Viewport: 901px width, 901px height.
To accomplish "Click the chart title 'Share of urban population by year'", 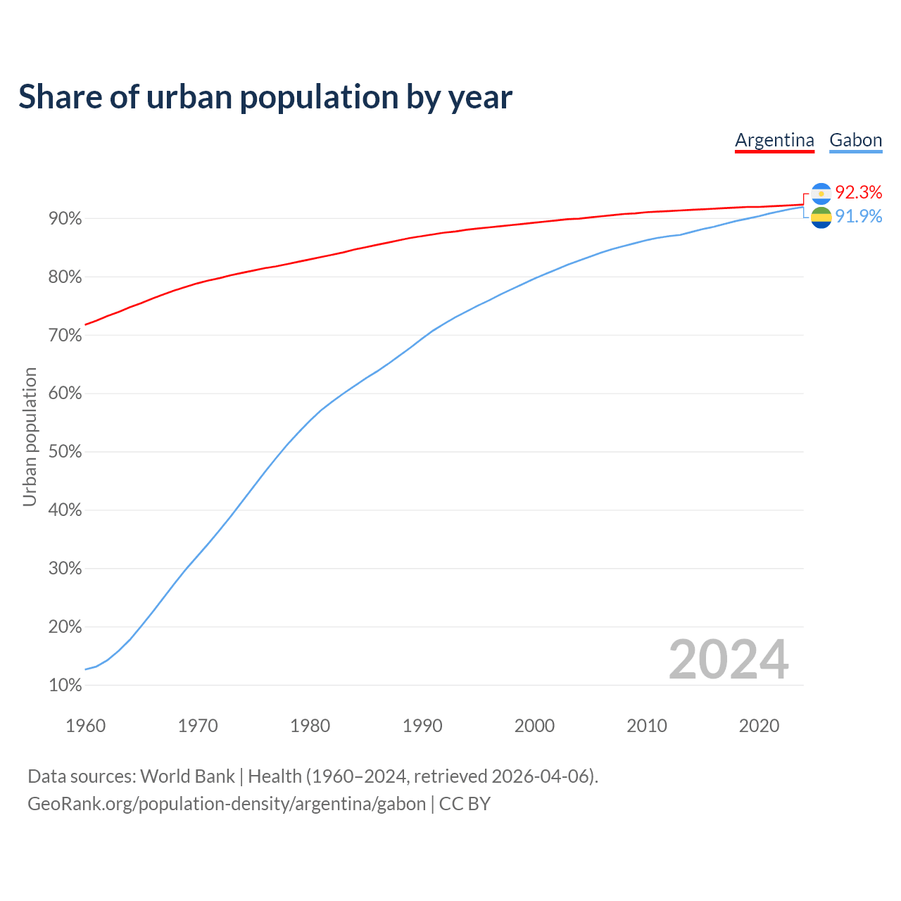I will (x=265, y=97).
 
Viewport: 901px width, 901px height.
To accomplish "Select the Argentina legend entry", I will (x=774, y=140).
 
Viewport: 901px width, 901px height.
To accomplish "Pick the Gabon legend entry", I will (x=855, y=140).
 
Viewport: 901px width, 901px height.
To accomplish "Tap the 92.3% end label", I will (x=858, y=192).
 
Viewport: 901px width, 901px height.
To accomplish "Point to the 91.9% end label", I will (x=858, y=216).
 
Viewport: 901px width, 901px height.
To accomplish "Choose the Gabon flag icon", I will (x=821, y=218).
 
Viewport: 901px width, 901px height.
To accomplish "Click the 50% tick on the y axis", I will (x=65, y=452).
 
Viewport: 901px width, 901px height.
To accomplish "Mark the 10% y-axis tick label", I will (x=65, y=685).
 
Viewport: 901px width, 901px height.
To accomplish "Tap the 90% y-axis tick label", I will (x=65, y=219).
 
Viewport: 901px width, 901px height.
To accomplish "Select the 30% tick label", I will (x=65, y=569).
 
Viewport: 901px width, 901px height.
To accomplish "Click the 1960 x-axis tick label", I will (x=85, y=726).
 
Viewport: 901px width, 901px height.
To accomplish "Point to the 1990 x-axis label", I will (x=422, y=726).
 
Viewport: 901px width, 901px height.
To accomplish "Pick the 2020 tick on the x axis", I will (x=759, y=726).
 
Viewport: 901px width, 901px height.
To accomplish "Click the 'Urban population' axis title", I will (x=30, y=437).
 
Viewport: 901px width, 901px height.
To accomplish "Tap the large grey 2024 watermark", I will (x=729, y=660).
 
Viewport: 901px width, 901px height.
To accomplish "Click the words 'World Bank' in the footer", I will (x=187, y=776).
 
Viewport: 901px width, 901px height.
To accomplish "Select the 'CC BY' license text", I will (x=465, y=804).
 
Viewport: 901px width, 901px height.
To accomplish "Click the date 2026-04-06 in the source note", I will (x=543, y=776).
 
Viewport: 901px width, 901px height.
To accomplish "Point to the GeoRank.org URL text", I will (x=227, y=804).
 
